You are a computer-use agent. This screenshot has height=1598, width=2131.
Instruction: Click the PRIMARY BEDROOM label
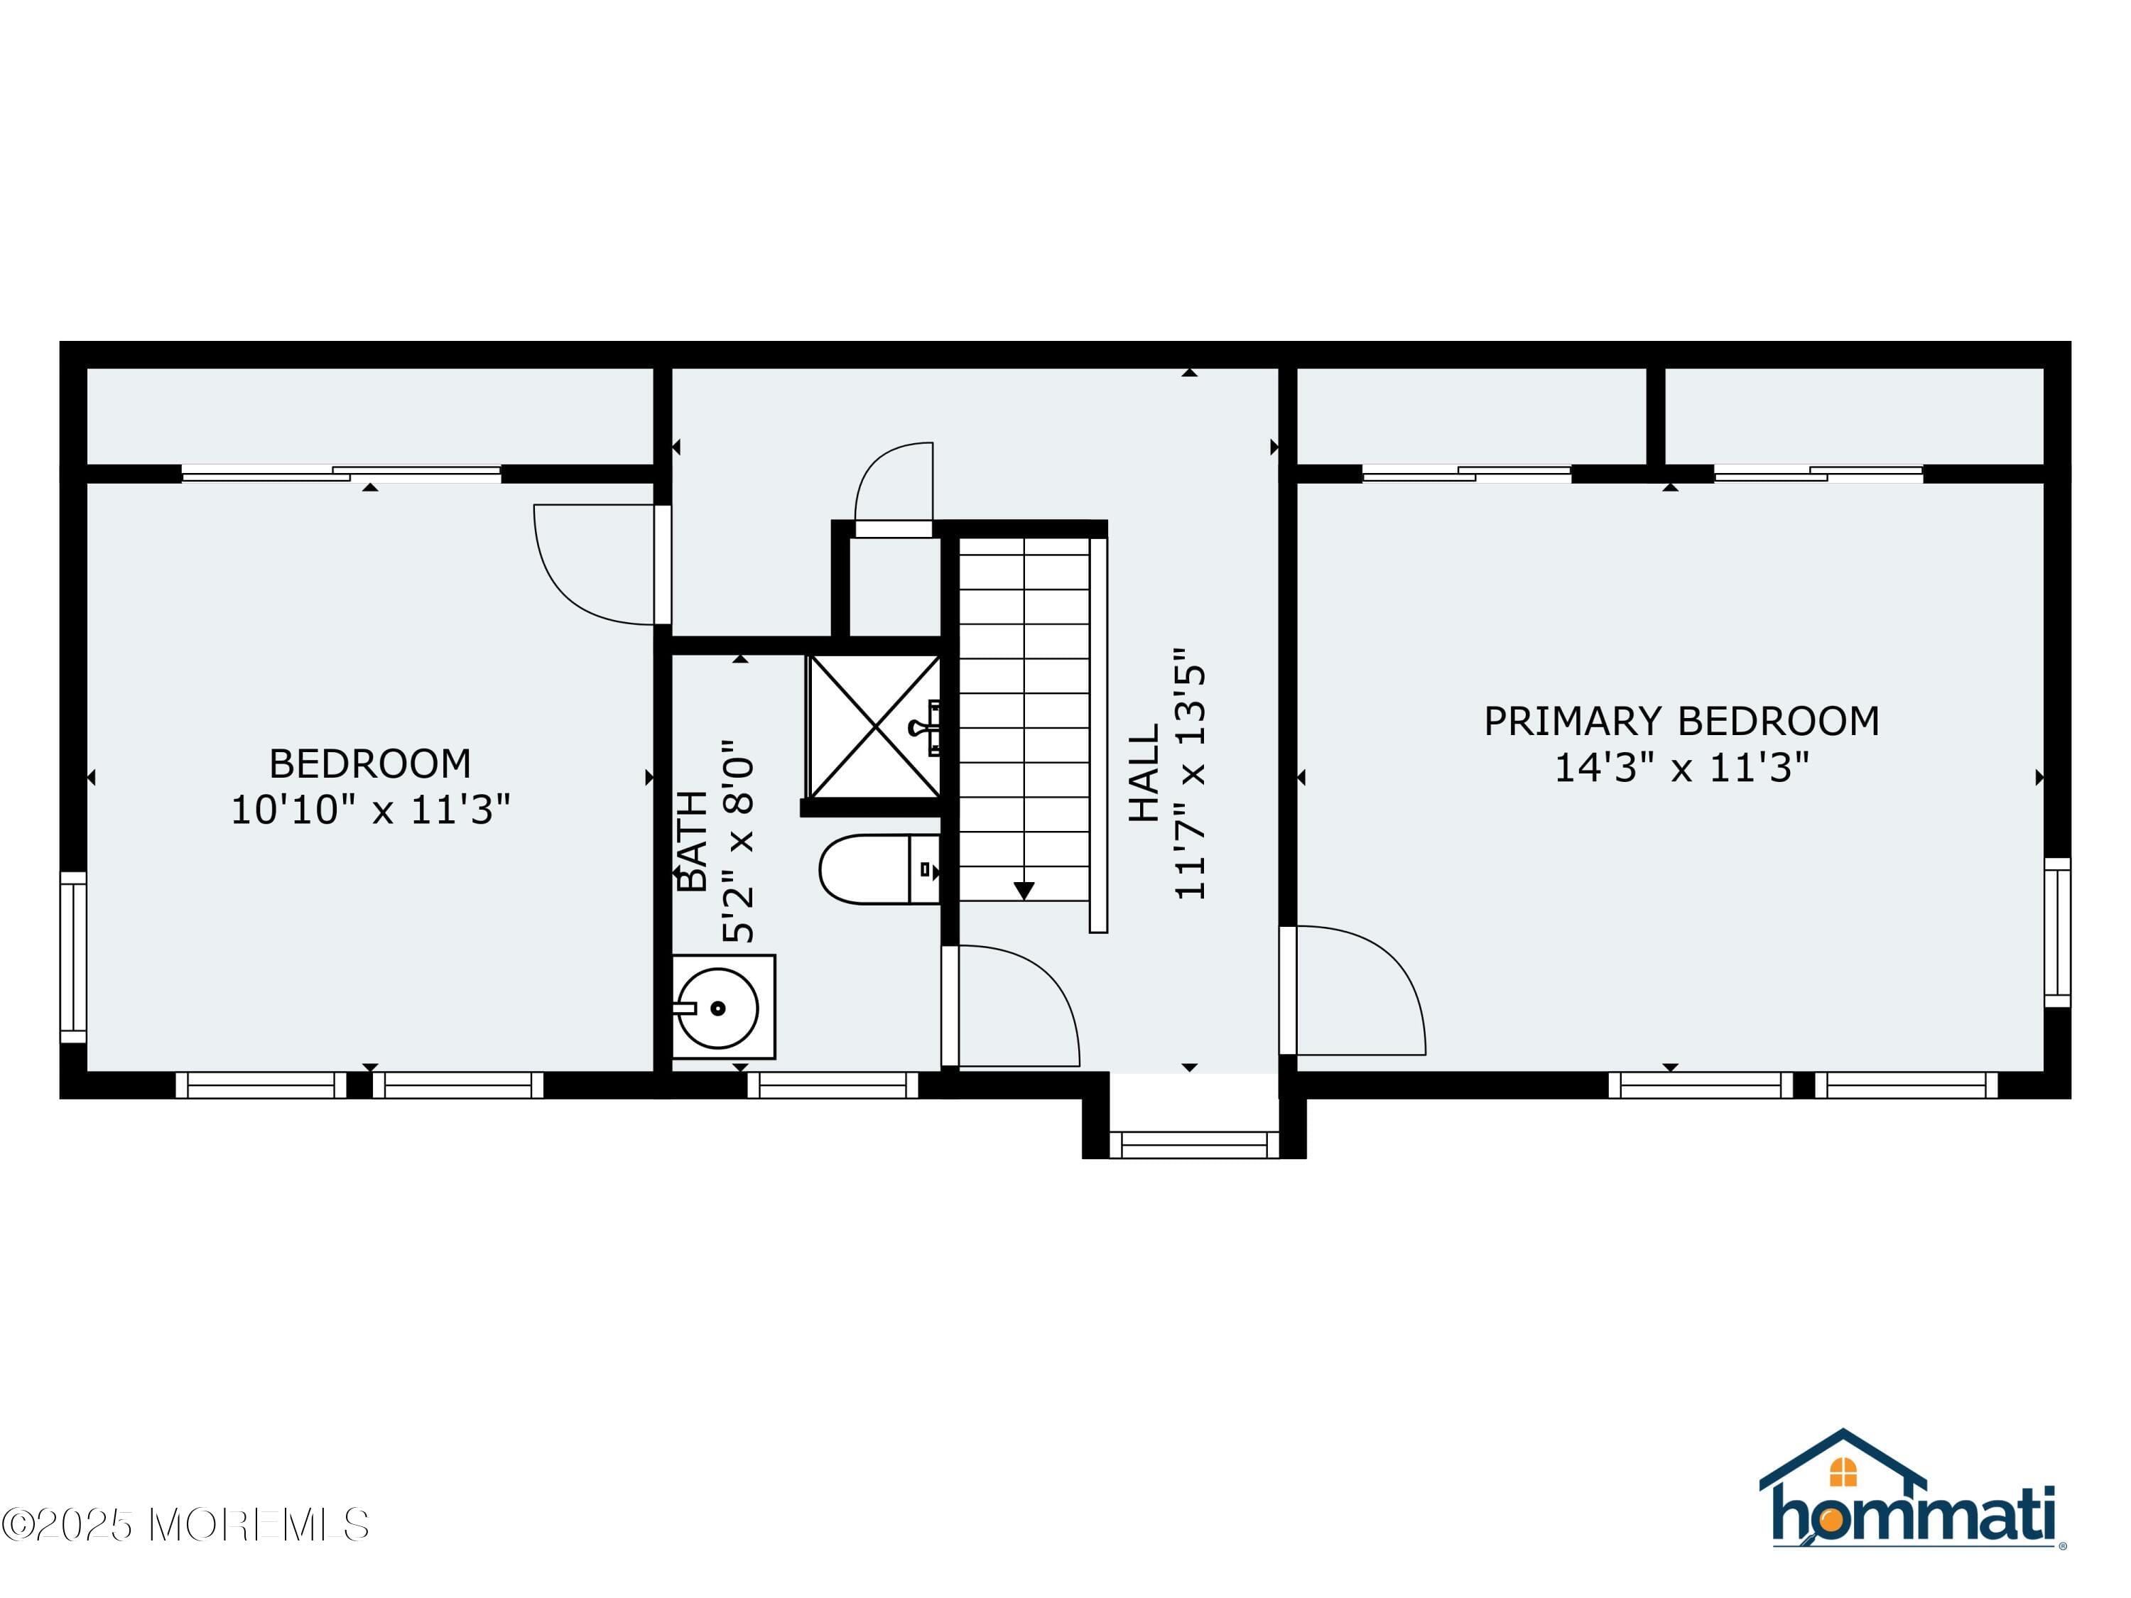1681,722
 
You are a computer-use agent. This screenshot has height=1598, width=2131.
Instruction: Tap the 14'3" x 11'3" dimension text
1681,768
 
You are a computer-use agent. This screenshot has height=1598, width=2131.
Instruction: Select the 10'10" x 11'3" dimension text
370,810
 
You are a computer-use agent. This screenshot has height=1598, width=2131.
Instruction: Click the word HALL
1144,773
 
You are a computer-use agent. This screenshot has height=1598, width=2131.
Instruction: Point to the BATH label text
693,841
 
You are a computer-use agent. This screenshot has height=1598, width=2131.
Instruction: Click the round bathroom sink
717,1009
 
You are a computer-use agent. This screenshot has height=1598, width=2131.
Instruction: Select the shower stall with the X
874,727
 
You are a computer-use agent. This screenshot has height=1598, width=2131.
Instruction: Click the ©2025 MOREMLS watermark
185,1525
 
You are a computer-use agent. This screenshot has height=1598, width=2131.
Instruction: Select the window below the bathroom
833,1085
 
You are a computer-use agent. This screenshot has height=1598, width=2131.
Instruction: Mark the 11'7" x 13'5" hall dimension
1191,773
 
